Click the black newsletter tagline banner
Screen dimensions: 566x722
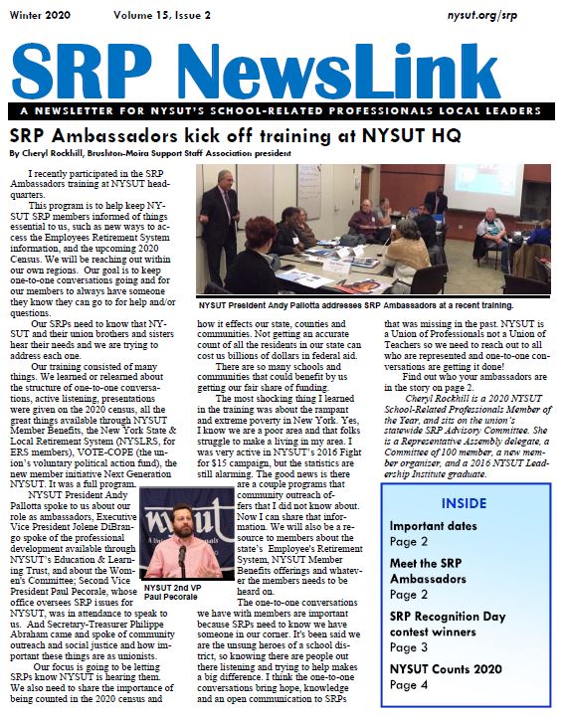tap(283, 112)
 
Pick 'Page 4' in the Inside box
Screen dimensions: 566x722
tap(408, 684)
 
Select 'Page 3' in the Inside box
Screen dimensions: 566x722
tap(408, 646)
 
